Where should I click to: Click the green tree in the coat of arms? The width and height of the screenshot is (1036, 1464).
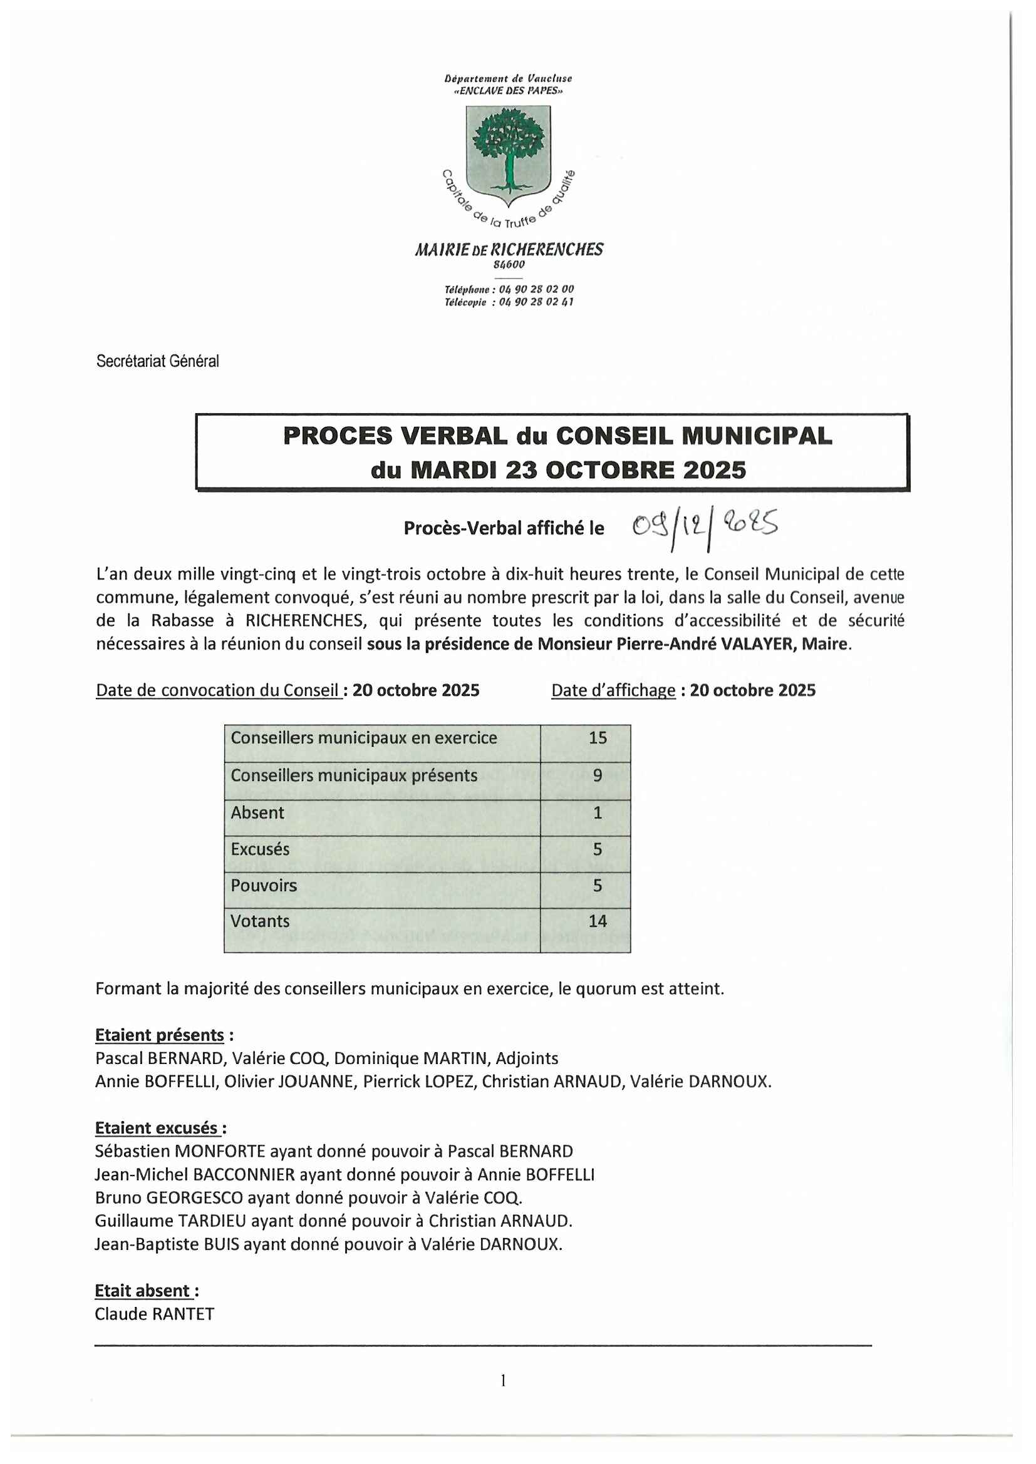509,148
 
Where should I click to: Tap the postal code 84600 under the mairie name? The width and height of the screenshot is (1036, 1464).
509,265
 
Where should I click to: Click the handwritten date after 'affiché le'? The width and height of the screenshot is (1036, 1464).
704,526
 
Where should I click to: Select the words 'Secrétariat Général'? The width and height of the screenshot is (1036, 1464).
158,361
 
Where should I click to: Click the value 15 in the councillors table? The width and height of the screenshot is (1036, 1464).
597,738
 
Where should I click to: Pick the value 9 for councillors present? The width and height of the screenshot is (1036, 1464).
597,776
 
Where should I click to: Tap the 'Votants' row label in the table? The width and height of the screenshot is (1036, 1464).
260,921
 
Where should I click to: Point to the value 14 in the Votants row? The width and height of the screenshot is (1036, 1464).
597,921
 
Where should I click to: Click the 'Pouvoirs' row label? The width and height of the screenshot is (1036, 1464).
264,885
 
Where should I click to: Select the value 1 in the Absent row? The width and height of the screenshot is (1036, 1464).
597,812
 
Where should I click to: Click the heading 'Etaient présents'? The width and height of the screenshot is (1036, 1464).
160,1035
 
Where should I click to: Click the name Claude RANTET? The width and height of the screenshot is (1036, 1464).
154,1314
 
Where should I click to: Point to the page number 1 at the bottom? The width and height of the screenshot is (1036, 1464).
504,1381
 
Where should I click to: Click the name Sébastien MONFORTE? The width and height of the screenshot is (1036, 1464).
180,1151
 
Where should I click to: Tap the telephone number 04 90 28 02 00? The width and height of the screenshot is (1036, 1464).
536,290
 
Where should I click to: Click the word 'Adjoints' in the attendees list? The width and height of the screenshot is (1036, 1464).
527,1058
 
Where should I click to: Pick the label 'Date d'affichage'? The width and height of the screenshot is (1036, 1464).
613,690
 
